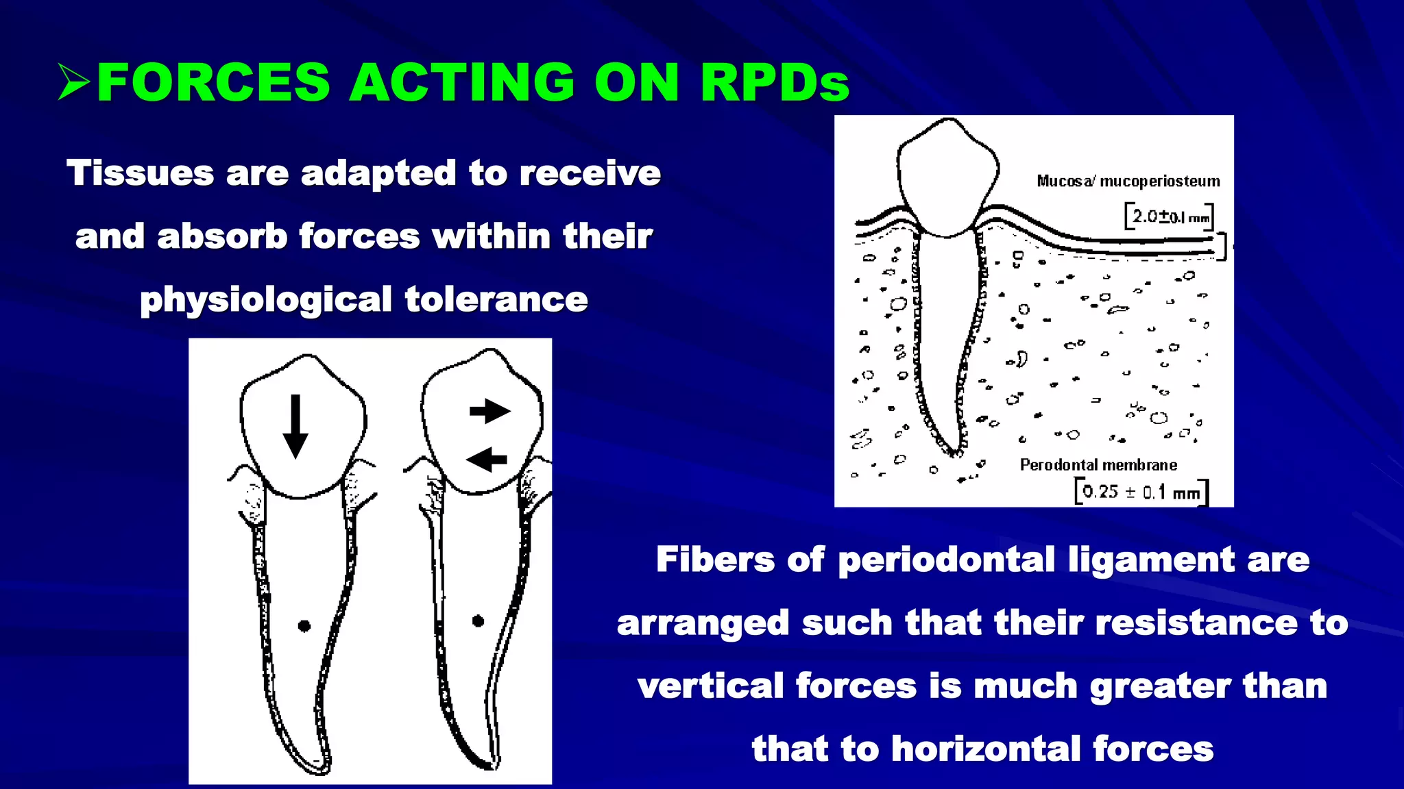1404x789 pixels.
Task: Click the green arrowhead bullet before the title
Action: tap(74, 82)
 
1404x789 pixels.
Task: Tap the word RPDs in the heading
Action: tap(775, 82)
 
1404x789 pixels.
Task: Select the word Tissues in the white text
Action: tap(140, 173)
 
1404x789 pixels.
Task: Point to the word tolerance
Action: tap(496, 299)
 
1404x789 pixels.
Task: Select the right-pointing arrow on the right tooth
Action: tap(489, 411)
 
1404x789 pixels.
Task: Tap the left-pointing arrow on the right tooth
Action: tap(487, 459)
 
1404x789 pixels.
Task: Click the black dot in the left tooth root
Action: tap(304, 625)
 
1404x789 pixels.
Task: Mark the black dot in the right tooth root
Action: tap(479, 621)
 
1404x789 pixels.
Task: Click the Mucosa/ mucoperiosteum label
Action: tap(1128, 181)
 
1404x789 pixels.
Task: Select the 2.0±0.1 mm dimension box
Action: tap(1169, 217)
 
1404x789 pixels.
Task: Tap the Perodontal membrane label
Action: tap(1098, 465)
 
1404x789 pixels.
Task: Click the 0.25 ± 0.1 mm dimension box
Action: tap(1141, 492)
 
